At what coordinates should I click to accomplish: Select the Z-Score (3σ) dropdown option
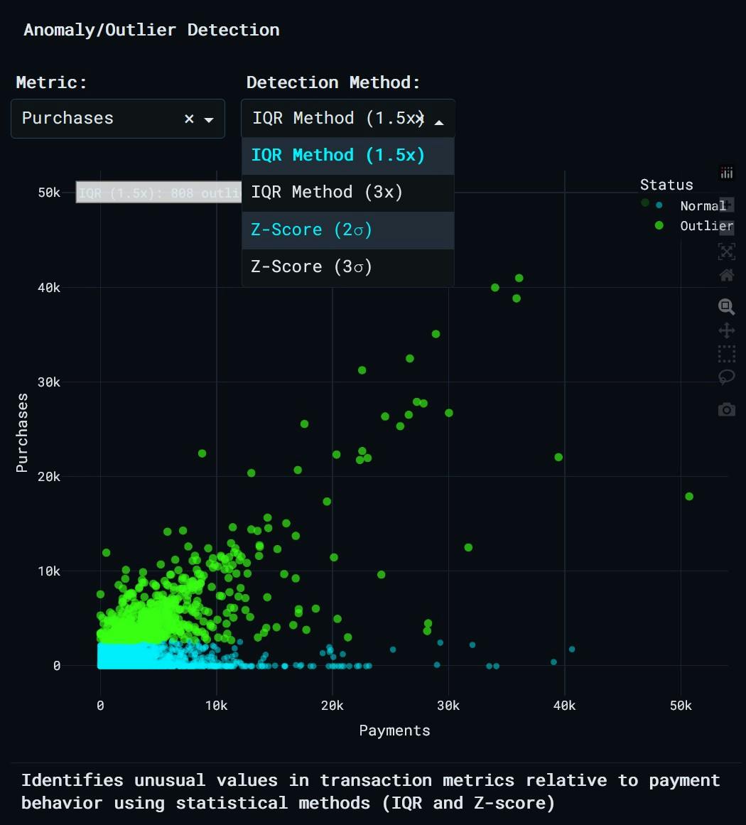(311, 267)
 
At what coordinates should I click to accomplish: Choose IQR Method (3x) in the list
(327, 193)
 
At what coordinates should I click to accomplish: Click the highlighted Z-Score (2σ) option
(311, 230)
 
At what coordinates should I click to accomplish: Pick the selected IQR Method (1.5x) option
(337, 156)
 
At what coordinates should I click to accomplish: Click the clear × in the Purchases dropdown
(189, 119)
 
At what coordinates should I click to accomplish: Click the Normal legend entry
(702, 206)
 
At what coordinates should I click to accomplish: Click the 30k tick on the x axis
(448, 706)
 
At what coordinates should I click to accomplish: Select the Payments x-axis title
(394, 730)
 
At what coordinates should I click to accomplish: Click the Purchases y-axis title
(22, 433)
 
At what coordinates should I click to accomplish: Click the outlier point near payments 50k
(688, 497)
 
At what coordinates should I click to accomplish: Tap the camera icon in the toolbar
(726, 409)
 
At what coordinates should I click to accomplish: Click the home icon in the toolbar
(726, 275)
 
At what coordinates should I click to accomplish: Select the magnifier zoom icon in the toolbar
(726, 307)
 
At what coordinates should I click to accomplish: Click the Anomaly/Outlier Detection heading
(151, 30)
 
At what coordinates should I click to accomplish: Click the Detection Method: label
(333, 82)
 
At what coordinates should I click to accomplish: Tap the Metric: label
(51, 82)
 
